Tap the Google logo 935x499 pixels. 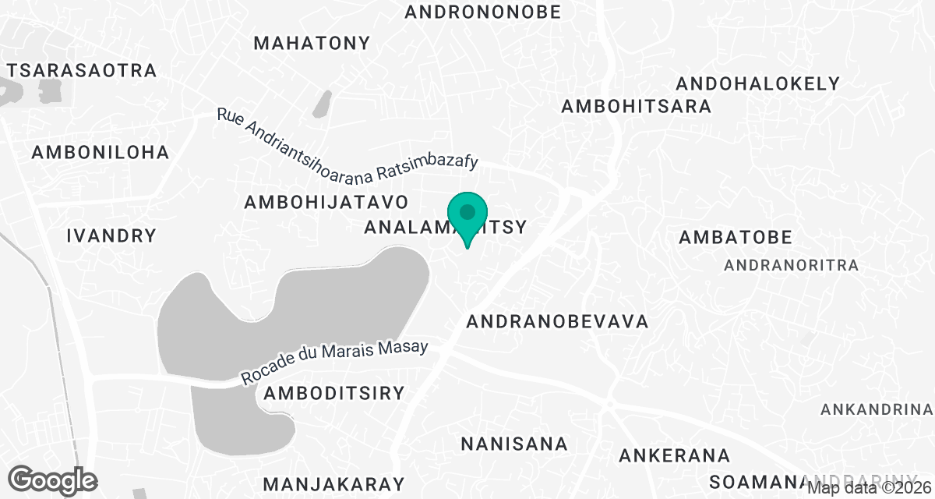click(54, 480)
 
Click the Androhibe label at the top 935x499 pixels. click(483, 12)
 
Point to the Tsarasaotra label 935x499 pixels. click(82, 70)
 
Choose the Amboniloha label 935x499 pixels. click(101, 153)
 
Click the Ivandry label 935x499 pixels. click(111, 235)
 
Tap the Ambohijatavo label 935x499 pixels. click(326, 203)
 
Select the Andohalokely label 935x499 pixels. click(758, 83)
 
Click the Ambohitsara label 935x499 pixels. click(637, 107)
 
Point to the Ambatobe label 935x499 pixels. click(736, 237)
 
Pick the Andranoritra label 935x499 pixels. click(792, 266)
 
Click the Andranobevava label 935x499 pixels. click(557, 321)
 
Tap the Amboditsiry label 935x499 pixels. click(334, 393)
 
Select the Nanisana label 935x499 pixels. click(514, 444)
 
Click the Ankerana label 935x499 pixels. click(675, 455)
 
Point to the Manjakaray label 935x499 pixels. click(334, 483)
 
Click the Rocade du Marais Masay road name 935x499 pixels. click(335, 363)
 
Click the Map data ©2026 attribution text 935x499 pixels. click(870, 489)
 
